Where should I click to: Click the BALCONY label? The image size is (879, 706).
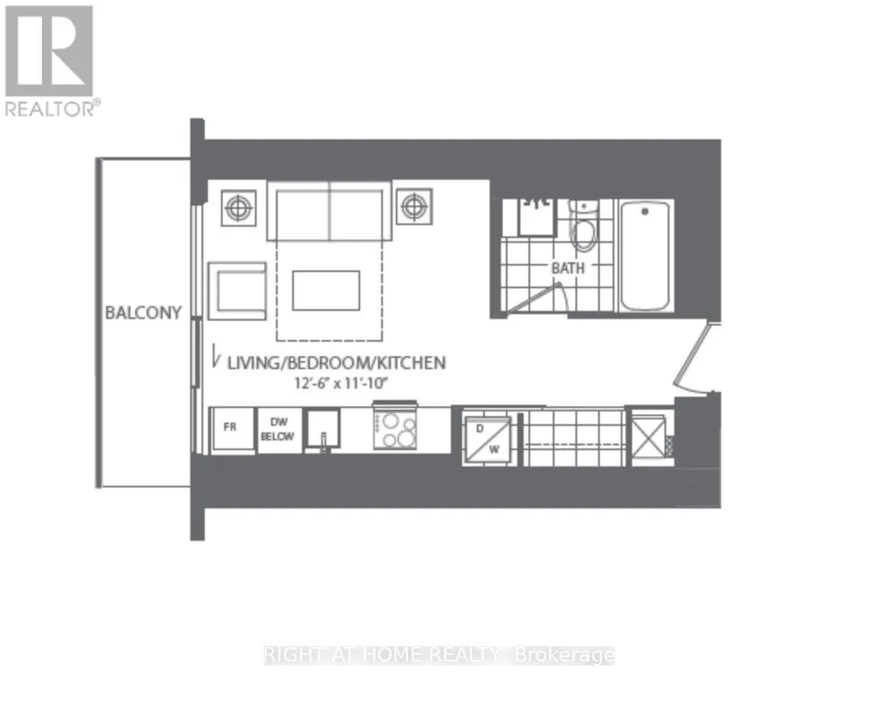(143, 313)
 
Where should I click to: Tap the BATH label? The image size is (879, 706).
(568, 268)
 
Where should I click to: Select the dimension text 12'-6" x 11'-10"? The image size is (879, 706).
(342, 384)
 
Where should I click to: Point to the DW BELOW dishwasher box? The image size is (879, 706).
(278, 429)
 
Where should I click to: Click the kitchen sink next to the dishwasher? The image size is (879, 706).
(322, 430)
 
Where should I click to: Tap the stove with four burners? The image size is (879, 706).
(395, 427)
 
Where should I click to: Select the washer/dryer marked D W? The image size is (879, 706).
(487, 440)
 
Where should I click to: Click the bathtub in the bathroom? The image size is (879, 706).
(644, 256)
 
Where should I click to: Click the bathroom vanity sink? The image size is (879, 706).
(537, 217)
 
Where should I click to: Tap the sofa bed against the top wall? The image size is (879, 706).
(329, 211)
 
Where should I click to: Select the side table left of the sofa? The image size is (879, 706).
(239, 208)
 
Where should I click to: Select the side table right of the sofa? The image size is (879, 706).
(414, 206)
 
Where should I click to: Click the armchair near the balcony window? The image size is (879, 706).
(236, 291)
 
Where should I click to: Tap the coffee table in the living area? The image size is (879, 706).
(325, 290)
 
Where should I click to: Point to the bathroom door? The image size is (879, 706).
(535, 298)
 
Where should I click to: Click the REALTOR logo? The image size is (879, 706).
(51, 61)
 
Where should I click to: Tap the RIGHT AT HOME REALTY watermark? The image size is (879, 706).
(439, 655)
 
